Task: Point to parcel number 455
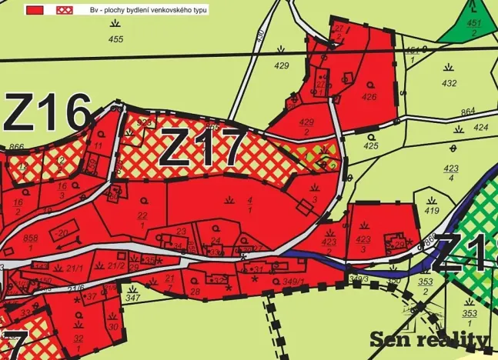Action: pyautogui.click(x=115, y=39)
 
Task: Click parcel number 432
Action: pyautogui.click(x=450, y=83)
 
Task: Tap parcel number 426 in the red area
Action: pyautogui.click(x=369, y=97)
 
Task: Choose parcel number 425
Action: pyautogui.click(x=371, y=145)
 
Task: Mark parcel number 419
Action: pyautogui.click(x=431, y=209)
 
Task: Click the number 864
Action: pyautogui.click(x=468, y=113)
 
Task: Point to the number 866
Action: pyautogui.click(x=17, y=147)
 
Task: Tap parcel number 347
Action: pyautogui.click(x=132, y=297)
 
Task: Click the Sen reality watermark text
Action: pyautogui.click(x=429, y=339)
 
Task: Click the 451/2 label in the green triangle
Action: pyautogui.click(x=474, y=28)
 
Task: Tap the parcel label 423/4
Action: pyautogui.click(x=451, y=172)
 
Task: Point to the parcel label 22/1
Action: pyautogui.click(x=142, y=220)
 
